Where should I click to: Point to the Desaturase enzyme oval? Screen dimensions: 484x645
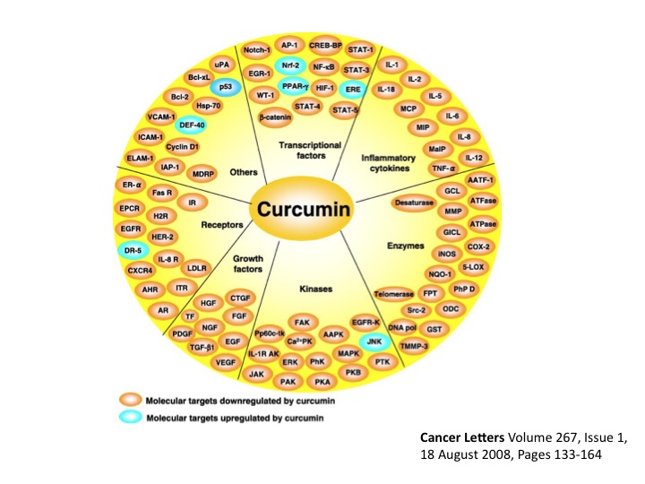point(416,204)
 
